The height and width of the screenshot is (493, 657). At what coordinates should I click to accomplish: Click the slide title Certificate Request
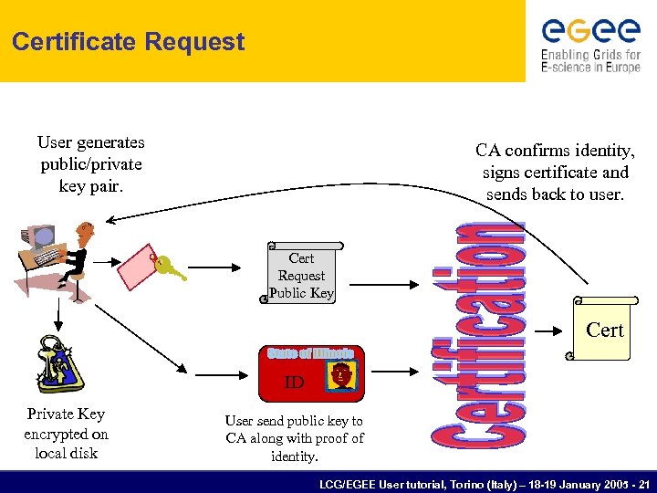point(129,42)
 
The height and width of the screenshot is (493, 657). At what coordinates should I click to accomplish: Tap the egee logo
point(590,31)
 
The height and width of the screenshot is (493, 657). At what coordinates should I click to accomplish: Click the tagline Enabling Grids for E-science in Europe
point(590,61)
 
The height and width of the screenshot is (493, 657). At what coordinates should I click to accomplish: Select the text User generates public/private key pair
point(91,164)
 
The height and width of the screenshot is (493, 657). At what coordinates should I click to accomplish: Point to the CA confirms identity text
point(555,172)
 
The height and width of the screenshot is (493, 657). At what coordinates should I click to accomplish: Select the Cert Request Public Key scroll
point(301,272)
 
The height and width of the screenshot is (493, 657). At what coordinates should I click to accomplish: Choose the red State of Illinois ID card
point(311,373)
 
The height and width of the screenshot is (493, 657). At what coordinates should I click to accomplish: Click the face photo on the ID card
point(342,375)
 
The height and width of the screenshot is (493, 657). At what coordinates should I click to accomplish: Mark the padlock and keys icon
point(58,366)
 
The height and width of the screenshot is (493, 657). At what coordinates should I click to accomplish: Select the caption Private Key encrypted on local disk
point(66,434)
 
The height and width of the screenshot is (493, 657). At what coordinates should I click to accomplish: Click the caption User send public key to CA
point(294,437)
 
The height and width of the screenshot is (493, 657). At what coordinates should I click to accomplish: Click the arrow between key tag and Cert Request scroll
point(213,267)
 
